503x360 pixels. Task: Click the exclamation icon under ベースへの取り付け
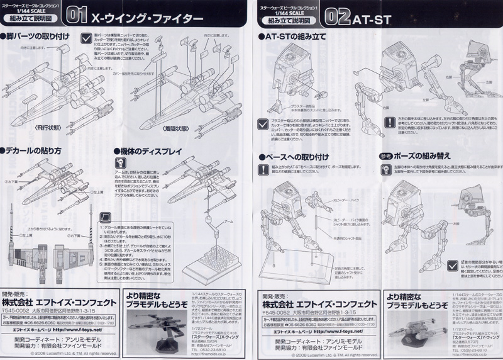[262, 169]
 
